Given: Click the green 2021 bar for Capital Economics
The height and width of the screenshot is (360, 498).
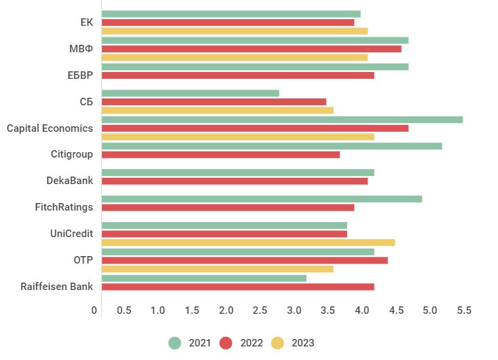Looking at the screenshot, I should pyautogui.click(x=282, y=120).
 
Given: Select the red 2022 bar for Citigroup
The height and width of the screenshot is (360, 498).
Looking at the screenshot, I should pyautogui.click(x=220, y=155).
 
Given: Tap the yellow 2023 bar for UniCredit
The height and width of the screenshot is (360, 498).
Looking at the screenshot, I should pyautogui.click(x=248, y=242).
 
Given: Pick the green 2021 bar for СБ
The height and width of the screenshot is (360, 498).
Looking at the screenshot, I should pyautogui.click(x=190, y=93).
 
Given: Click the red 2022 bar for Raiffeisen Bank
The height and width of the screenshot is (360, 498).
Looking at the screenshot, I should pyautogui.click(x=238, y=287).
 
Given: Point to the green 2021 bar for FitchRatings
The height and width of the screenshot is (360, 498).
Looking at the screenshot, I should pyautogui.click(x=262, y=199).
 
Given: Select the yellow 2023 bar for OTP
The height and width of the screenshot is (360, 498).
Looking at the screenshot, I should pyautogui.click(x=217, y=269).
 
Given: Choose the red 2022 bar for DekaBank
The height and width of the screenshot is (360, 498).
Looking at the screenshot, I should pyautogui.click(x=234, y=181).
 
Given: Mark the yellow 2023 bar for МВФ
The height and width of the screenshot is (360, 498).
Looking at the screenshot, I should pyautogui.click(x=234, y=58).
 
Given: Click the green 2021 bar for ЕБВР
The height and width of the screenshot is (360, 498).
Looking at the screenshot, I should pyautogui.click(x=255, y=67).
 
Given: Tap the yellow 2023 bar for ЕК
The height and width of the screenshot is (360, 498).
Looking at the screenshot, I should pyautogui.click(x=234, y=31).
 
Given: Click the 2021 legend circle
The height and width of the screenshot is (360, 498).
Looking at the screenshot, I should pyautogui.click(x=175, y=343).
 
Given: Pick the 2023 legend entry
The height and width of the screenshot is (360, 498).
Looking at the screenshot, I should pyautogui.click(x=293, y=343).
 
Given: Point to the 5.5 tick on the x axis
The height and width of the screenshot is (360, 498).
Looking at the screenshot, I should pyautogui.click(x=464, y=310).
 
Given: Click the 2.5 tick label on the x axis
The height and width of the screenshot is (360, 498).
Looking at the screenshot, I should pyautogui.click(x=260, y=310).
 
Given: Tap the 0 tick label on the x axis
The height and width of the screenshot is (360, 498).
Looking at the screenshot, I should pyautogui.click(x=94, y=310).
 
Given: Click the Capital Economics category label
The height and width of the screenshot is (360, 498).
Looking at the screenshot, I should pyautogui.click(x=50, y=128).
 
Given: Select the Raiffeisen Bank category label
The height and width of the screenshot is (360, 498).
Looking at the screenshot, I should pyautogui.click(x=57, y=287).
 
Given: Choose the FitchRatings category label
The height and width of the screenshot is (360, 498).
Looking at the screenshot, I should pyautogui.click(x=64, y=207).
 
